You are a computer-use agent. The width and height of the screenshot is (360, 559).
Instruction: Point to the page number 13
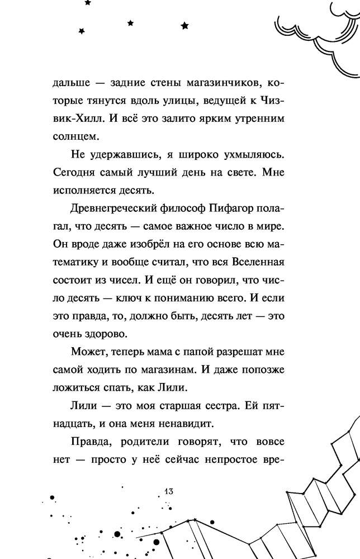[x=170, y=491]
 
